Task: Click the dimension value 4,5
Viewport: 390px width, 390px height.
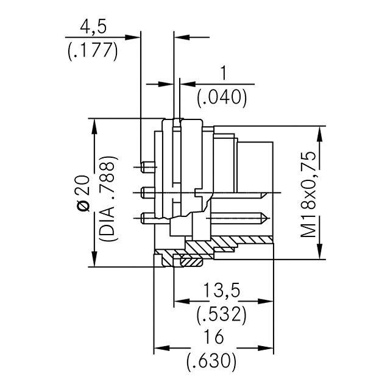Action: click(92, 27)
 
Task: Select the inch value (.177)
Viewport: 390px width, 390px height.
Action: click(91, 50)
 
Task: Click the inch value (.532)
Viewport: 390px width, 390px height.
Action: click(221, 314)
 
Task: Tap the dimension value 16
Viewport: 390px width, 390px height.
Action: click(213, 337)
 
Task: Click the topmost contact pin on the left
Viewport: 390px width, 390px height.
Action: click(146, 165)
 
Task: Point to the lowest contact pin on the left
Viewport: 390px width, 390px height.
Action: click(146, 217)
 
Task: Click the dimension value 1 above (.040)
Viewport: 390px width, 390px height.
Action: click(223, 73)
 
